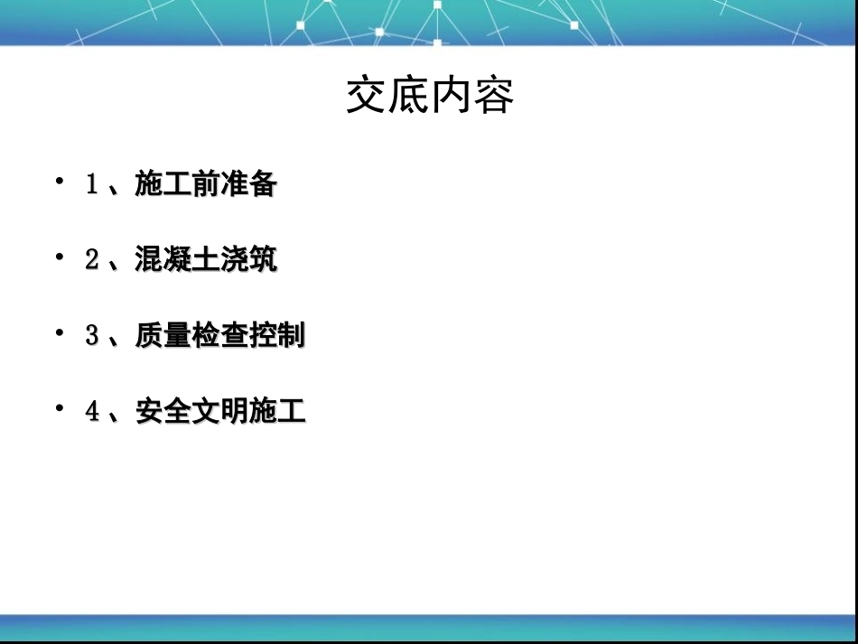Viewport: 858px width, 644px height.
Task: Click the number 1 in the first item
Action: pyautogui.click(x=91, y=185)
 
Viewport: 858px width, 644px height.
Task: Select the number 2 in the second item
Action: pyautogui.click(x=91, y=260)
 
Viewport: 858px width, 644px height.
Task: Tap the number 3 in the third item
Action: pyautogui.click(x=91, y=336)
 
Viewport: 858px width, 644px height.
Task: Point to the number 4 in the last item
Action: pyautogui.click(x=91, y=412)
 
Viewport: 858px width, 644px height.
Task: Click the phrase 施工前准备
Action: pyautogui.click(x=206, y=185)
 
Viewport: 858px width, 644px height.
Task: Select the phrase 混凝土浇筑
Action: pyautogui.click(x=206, y=260)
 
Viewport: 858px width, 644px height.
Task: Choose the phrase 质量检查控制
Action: pyautogui.click(x=220, y=336)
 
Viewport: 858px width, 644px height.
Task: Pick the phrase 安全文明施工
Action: pyautogui.click(x=220, y=412)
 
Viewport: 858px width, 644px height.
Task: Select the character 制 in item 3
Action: pyautogui.click(x=291, y=336)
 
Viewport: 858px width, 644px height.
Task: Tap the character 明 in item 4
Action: pyautogui.click(x=234, y=412)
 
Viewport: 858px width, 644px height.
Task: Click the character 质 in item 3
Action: pyautogui.click(x=149, y=336)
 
